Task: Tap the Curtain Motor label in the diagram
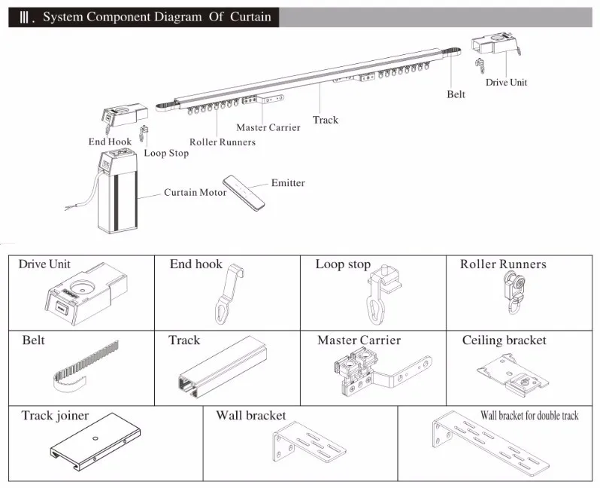click(x=195, y=193)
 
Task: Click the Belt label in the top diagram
click(x=456, y=94)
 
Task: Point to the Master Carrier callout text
click(x=268, y=127)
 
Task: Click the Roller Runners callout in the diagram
click(x=222, y=142)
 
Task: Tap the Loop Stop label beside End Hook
click(x=166, y=153)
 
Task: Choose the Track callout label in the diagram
click(x=326, y=120)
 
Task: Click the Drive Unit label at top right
click(x=506, y=82)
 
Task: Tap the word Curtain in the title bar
click(x=251, y=17)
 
